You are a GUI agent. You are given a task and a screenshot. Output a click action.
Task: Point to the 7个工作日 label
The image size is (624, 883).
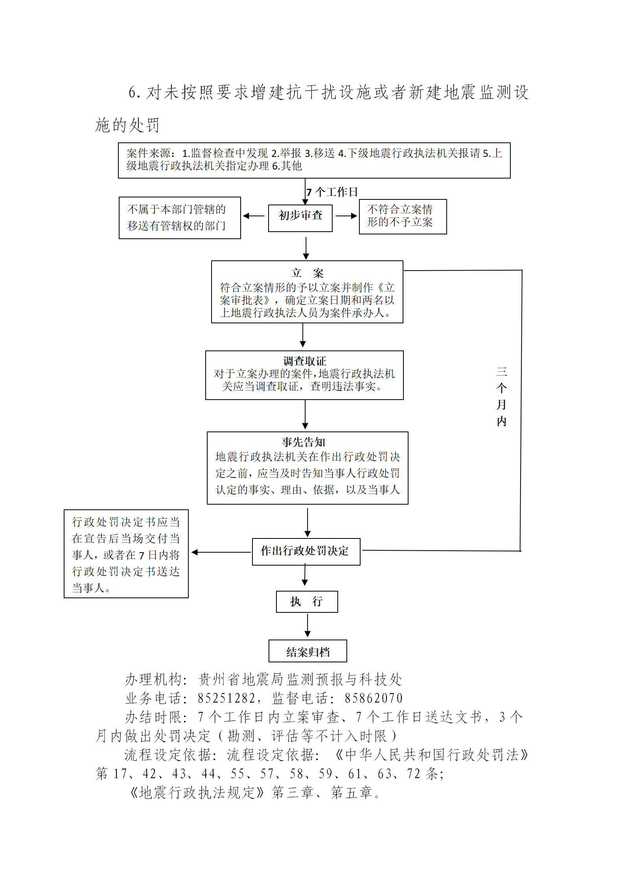332,192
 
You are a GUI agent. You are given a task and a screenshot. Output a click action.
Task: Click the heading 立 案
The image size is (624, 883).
307,273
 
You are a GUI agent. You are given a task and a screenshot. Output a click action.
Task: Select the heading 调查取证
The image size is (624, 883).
305,361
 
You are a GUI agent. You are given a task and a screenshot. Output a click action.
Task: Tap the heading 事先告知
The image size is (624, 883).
304,442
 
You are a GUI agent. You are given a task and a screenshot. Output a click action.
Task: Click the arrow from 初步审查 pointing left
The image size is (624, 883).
254,216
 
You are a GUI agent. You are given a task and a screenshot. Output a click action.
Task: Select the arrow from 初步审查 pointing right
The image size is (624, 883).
346,216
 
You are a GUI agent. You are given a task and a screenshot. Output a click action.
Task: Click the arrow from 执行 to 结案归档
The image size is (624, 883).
307,625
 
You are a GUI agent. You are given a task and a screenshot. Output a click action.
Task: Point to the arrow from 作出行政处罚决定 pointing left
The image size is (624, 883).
221,552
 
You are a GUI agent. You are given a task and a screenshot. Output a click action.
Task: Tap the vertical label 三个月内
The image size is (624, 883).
501,396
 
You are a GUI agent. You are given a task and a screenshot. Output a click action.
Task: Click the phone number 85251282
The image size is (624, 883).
226,698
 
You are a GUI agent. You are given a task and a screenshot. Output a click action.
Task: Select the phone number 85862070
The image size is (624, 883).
374,698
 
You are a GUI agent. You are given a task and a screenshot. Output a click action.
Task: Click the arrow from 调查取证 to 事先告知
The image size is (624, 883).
305,415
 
